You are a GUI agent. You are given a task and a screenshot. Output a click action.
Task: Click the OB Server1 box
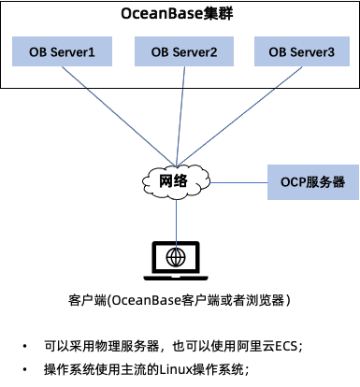62,51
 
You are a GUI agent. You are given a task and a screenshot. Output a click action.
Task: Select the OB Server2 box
184,51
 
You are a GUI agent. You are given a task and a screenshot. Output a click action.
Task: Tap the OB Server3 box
302,51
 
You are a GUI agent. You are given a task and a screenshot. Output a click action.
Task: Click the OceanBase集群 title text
177,14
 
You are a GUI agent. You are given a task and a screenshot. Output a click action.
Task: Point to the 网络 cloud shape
176,181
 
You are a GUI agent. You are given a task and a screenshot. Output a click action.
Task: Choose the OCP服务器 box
313,182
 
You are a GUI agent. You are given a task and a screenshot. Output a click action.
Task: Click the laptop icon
176,261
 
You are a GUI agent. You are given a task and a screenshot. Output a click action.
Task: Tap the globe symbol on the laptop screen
176,257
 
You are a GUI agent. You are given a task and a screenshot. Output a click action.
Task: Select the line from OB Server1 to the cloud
119,116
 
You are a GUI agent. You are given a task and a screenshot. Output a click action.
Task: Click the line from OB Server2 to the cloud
180,116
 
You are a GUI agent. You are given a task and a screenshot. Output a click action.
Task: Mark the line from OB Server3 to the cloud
239,116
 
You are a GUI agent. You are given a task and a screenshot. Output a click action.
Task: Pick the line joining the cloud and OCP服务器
238,182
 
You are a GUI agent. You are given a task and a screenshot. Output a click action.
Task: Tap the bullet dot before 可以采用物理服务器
24,346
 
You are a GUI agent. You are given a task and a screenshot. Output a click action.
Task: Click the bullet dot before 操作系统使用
24,370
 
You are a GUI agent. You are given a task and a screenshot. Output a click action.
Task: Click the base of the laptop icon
176,278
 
